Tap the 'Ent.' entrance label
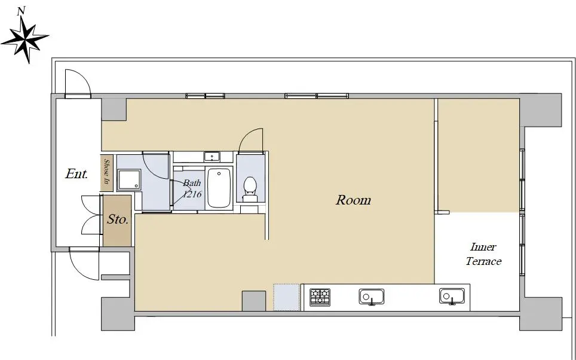tap(76, 173)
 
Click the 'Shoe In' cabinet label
tap(107, 172)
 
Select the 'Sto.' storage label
tap(118, 219)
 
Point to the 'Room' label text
tap(353, 200)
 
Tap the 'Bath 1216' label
tap(192, 188)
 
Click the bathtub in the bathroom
tap(219, 188)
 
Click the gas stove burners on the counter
tap(320, 297)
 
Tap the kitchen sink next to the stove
tap(372, 297)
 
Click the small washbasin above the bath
tap(212, 157)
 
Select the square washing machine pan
tap(129, 180)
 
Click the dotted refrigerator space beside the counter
tap(287, 297)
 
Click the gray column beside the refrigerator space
tap(254, 301)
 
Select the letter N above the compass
tap(22, 11)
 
